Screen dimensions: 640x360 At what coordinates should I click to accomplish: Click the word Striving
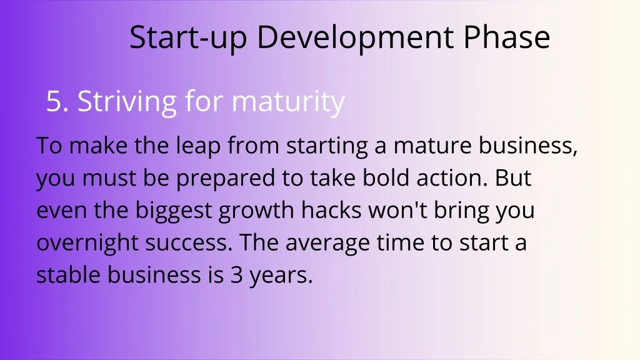point(127,102)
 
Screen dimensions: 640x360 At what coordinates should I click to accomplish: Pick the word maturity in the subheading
point(288,102)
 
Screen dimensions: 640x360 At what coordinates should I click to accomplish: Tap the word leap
point(198,146)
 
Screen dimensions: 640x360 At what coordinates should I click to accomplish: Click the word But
point(513,177)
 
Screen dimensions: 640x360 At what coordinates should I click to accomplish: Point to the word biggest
point(174,211)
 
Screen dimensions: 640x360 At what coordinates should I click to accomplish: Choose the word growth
point(256,211)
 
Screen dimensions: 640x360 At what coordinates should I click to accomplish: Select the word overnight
point(87,243)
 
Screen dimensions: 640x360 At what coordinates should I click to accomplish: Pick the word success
point(189,243)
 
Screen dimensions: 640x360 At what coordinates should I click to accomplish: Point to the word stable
point(69,274)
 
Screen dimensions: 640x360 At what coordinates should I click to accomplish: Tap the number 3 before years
point(237,275)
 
